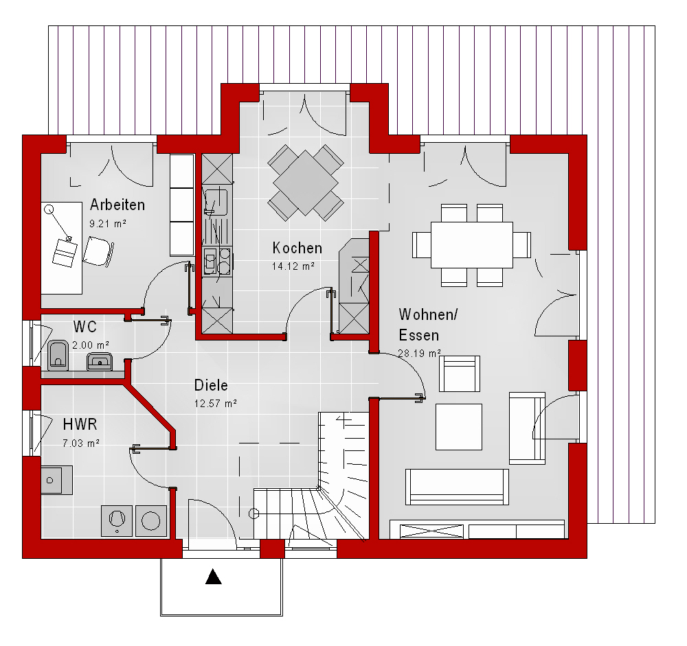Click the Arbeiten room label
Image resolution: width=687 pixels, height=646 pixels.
click(117, 205)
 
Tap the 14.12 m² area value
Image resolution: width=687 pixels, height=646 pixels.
click(293, 266)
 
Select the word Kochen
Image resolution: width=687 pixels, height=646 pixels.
click(297, 249)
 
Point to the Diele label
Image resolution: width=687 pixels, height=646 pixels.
click(211, 385)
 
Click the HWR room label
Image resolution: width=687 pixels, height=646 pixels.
click(80, 424)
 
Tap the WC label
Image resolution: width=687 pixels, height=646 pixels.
click(85, 327)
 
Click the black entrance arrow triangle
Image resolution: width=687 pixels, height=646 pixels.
click(214, 577)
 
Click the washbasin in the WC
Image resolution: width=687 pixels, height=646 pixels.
click(100, 361)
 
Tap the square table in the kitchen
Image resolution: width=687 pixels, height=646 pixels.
click(306, 183)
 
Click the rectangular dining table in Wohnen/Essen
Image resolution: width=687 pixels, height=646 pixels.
click(472, 245)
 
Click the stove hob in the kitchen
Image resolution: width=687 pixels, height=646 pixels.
click(217, 262)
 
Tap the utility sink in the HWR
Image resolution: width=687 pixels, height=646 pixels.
click(57, 481)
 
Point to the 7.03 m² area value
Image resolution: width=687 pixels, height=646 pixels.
click(81, 443)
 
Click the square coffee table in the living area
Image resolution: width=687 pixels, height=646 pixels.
click(459, 427)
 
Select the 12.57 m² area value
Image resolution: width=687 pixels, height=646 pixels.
click(216, 404)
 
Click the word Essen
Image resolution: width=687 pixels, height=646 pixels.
click(419, 336)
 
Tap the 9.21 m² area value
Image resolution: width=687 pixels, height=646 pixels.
click(108, 224)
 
